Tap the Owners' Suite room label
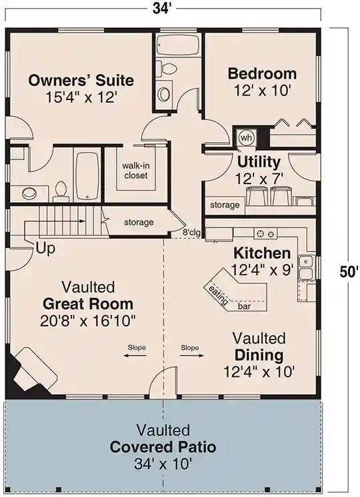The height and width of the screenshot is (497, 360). click(81, 80)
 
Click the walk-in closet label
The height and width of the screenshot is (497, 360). click(135, 171)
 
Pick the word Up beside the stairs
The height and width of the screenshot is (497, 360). click(46, 248)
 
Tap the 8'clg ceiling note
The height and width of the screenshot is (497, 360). click(191, 233)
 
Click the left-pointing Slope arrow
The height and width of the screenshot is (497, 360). click(135, 356)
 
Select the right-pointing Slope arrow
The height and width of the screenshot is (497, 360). click(192, 356)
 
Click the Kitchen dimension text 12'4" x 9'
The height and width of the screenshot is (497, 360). click(262, 270)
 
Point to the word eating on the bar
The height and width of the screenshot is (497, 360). click(218, 296)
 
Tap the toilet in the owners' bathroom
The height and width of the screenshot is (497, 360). click(61, 191)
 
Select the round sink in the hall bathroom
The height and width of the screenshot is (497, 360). click(165, 94)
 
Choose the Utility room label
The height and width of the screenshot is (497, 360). click(259, 162)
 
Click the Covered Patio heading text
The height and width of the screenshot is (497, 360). click(163, 447)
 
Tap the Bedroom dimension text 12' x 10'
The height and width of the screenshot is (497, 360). click(262, 90)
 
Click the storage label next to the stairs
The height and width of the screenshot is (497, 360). click(139, 223)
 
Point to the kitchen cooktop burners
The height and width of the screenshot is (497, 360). click(265, 234)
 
